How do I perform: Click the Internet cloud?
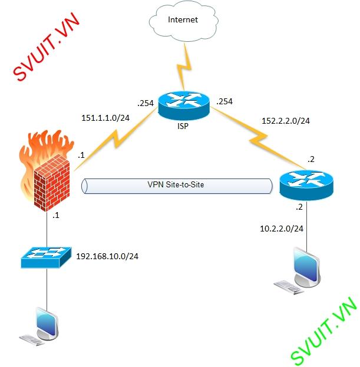point(183,21)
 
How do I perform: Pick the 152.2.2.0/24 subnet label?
point(285,121)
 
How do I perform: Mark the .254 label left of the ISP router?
point(145,103)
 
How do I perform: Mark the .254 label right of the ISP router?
point(224,101)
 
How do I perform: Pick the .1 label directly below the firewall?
point(55,216)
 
